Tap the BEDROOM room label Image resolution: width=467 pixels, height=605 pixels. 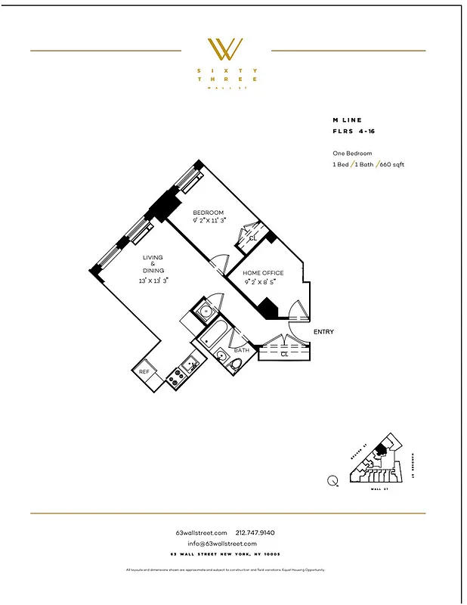pos(208,213)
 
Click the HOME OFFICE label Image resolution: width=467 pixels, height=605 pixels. pos(263,273)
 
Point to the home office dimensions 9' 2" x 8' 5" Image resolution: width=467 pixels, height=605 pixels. pos(260,281)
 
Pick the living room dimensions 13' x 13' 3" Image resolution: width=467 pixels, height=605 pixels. pos(153,280)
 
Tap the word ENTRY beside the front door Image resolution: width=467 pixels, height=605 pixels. pos(323,332)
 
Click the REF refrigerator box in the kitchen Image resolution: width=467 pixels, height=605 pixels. pos(144,371)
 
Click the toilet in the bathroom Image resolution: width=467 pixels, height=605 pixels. pos(236,367)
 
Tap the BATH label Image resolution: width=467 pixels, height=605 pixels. pos(241,350)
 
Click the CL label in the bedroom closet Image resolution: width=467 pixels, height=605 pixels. pos(253,238)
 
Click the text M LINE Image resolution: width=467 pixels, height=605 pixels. pos(348,119)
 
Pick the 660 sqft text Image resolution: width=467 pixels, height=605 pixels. pos(391,164)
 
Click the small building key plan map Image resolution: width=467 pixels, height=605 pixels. pos(375,463)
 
